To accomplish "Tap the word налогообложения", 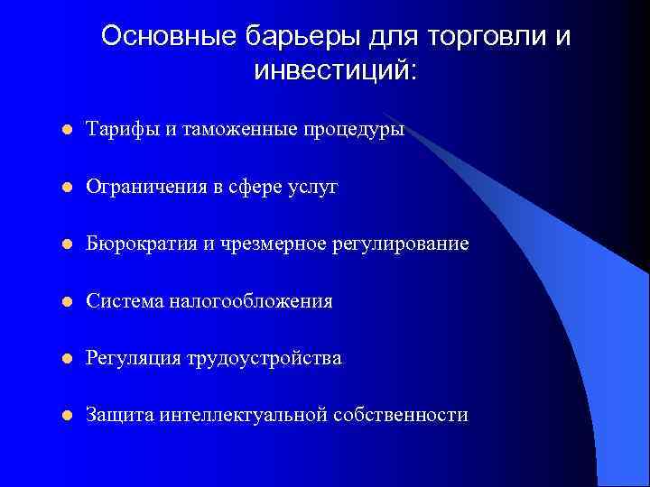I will [x=250, y=301].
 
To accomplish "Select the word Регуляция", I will [x=133, y=358].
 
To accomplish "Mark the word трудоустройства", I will [x=264, y=358].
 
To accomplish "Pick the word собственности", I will [x=401, y=415].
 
